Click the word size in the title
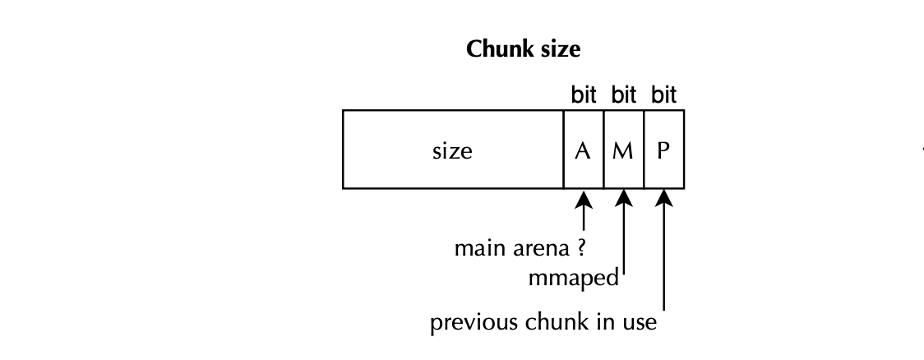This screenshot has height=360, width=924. (x=559, y=49)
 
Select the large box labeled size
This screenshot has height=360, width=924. (x=453, y=151)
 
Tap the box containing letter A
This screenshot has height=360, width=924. (x=584, y=151)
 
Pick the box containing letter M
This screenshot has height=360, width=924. (x=624, y=151)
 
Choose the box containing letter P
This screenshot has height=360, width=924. (x=664, y=151)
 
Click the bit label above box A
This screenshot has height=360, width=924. (x=584, y=95)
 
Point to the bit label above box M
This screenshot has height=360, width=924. (x=624, y=95)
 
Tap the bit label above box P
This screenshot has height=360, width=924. (x=664, y=95)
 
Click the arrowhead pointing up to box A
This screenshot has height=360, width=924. (x=584, y=200)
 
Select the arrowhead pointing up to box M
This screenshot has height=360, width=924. (x=624, y=200)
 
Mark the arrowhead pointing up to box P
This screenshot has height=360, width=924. (x=664, y=200)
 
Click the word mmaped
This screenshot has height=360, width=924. (x=574, y=279)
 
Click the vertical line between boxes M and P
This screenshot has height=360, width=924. (x=644, y=151)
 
